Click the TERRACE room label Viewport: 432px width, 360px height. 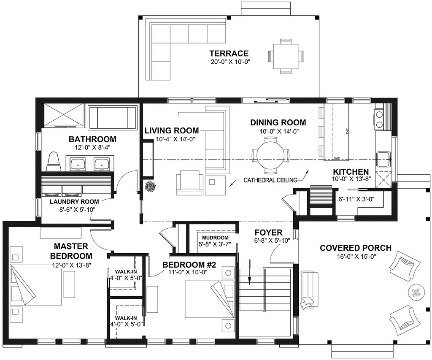coord(229,53)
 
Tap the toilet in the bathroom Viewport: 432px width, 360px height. coord(53,162)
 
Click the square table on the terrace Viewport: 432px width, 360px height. coord(286,57)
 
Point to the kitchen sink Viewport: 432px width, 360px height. coord(383,159)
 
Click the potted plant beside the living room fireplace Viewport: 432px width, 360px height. coord(150,186)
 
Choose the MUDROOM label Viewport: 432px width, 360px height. coord(215,238)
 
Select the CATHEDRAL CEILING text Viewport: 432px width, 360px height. coord(270,180)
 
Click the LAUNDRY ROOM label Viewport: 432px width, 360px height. coord(74,201)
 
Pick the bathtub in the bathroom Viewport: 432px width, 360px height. coord(113,118)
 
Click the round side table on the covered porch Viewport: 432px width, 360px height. coord(417,292)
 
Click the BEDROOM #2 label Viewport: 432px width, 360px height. coord(189,265)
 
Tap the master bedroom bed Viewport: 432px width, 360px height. coord(35,284)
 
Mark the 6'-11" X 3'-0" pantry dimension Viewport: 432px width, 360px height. coord(356,199)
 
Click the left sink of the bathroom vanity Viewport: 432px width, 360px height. coord(78,164)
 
